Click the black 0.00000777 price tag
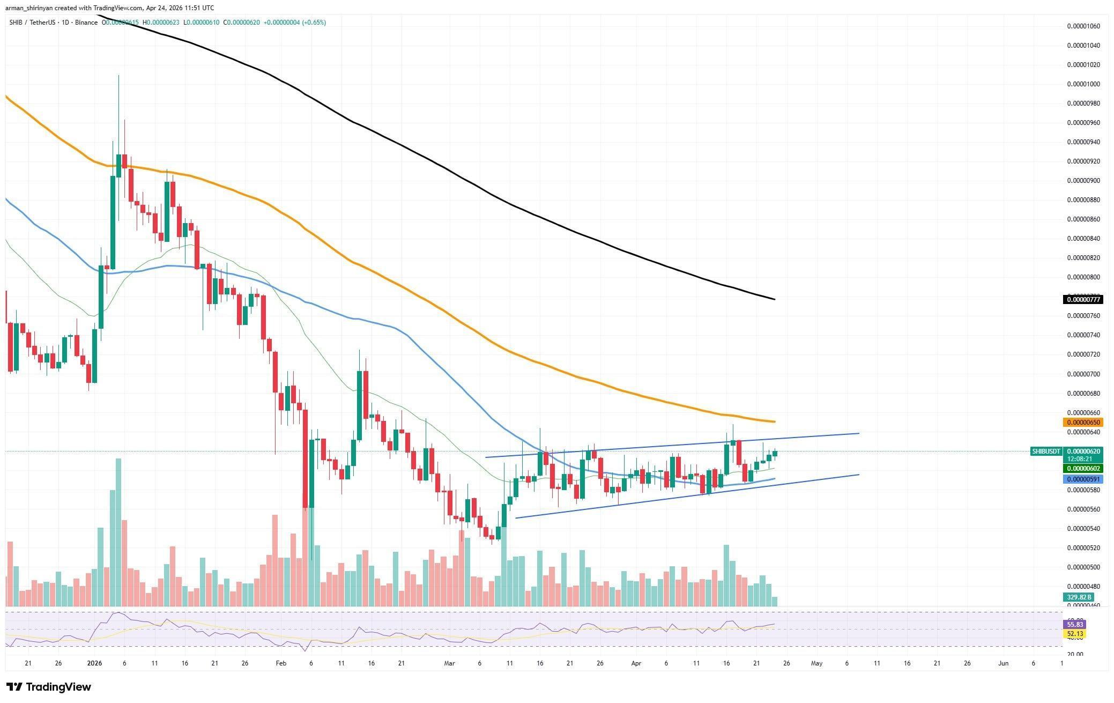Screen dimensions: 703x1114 (x=1082, y=300)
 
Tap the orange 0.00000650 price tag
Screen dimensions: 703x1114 (x=1082, y=423)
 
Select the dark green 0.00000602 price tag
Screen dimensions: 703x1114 (x=1082, y=469)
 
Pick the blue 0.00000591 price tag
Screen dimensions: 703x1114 (x=1082, y=479)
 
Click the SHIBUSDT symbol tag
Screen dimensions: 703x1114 (x=1046, y=452)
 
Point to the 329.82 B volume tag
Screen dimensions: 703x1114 (x=1079, y=597)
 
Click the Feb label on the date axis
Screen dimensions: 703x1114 (x=281, y=663)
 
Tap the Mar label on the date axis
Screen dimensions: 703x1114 (x=449, y=663)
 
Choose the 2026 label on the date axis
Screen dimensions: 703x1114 (x=94, y=663)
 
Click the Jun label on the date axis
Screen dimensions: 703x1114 (x=1003, y=663)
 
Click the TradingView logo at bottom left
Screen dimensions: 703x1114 (x=49, y=687)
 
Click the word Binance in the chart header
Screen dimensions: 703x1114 (x=86, y=23)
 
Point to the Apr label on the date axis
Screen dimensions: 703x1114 (x=636, y=663)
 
